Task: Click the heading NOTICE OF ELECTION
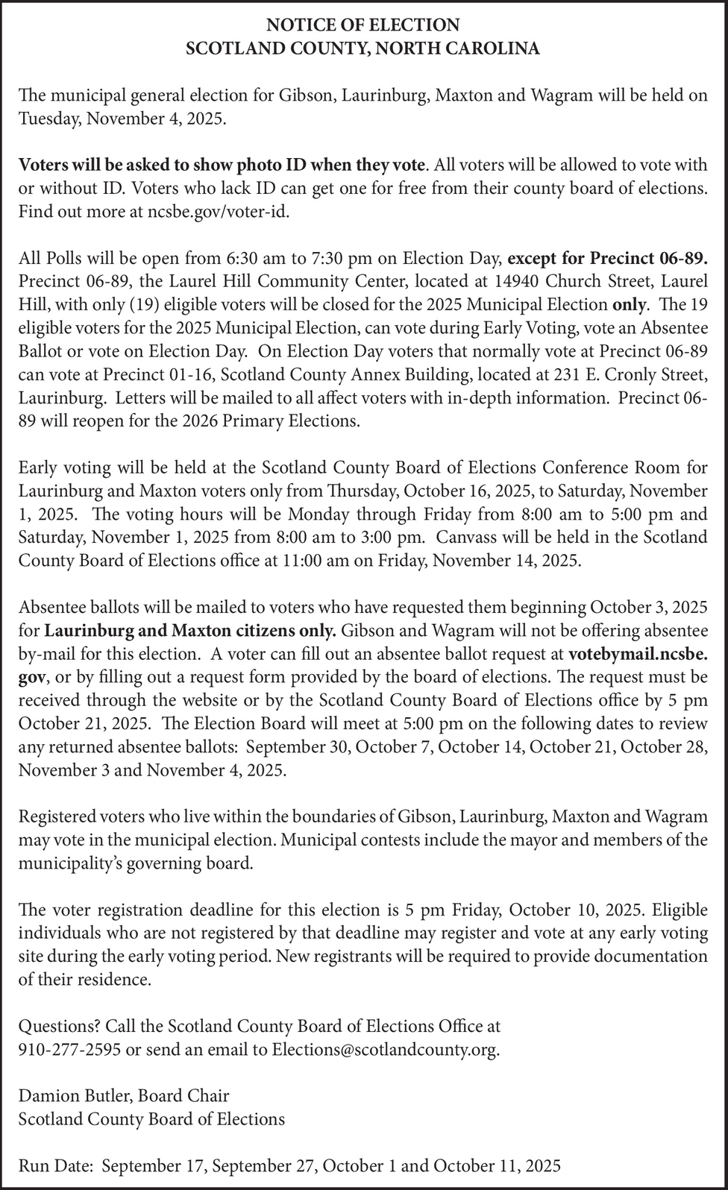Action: [x=363, y=25]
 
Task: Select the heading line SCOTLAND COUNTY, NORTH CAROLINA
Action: [x=363, y=49]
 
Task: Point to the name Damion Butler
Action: [x=72, y=1096]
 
